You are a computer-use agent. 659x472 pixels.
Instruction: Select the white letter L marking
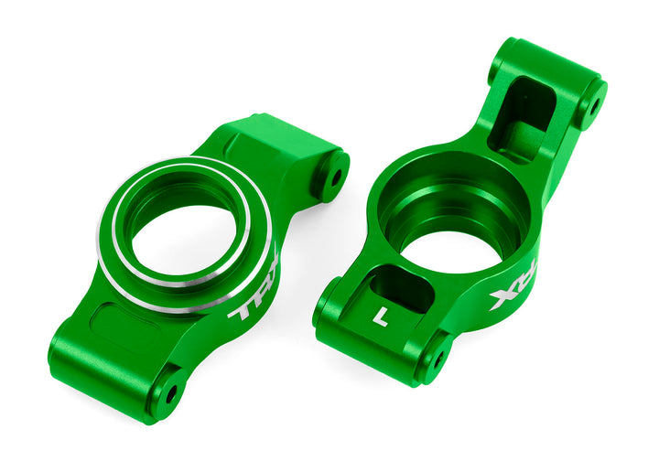click(381, 318)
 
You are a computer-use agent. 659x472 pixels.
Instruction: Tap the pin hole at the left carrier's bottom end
click(170, 393)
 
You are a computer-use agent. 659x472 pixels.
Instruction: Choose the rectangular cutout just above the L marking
click(401, 291)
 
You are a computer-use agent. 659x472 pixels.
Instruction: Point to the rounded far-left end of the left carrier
click(62, 353)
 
